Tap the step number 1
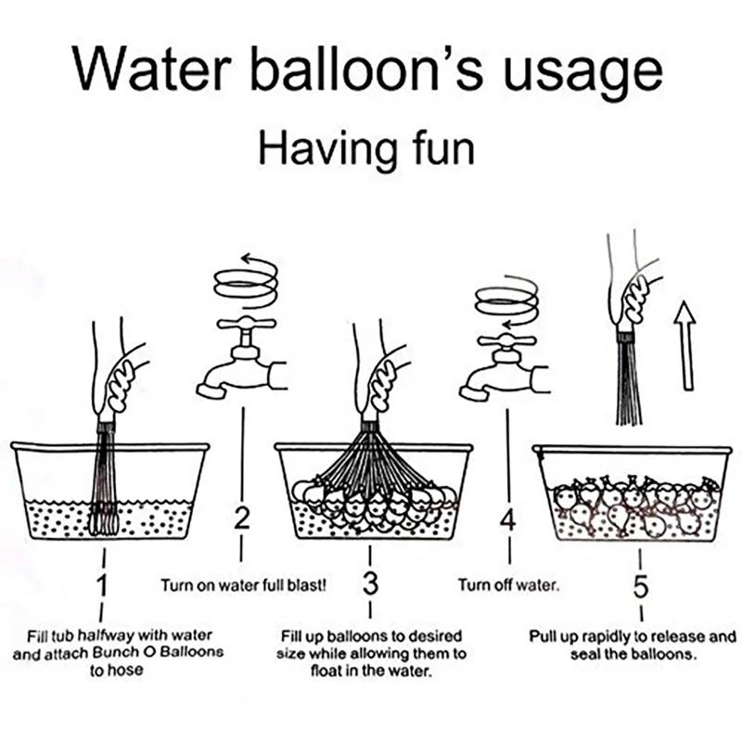coord(102,585)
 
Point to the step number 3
coord(370,585)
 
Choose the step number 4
coord(507,519)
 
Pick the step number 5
coord(640,585)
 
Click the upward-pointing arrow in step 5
coord(684,347)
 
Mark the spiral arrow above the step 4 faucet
coord(505,302)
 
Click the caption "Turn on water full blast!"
coord(243,586)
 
